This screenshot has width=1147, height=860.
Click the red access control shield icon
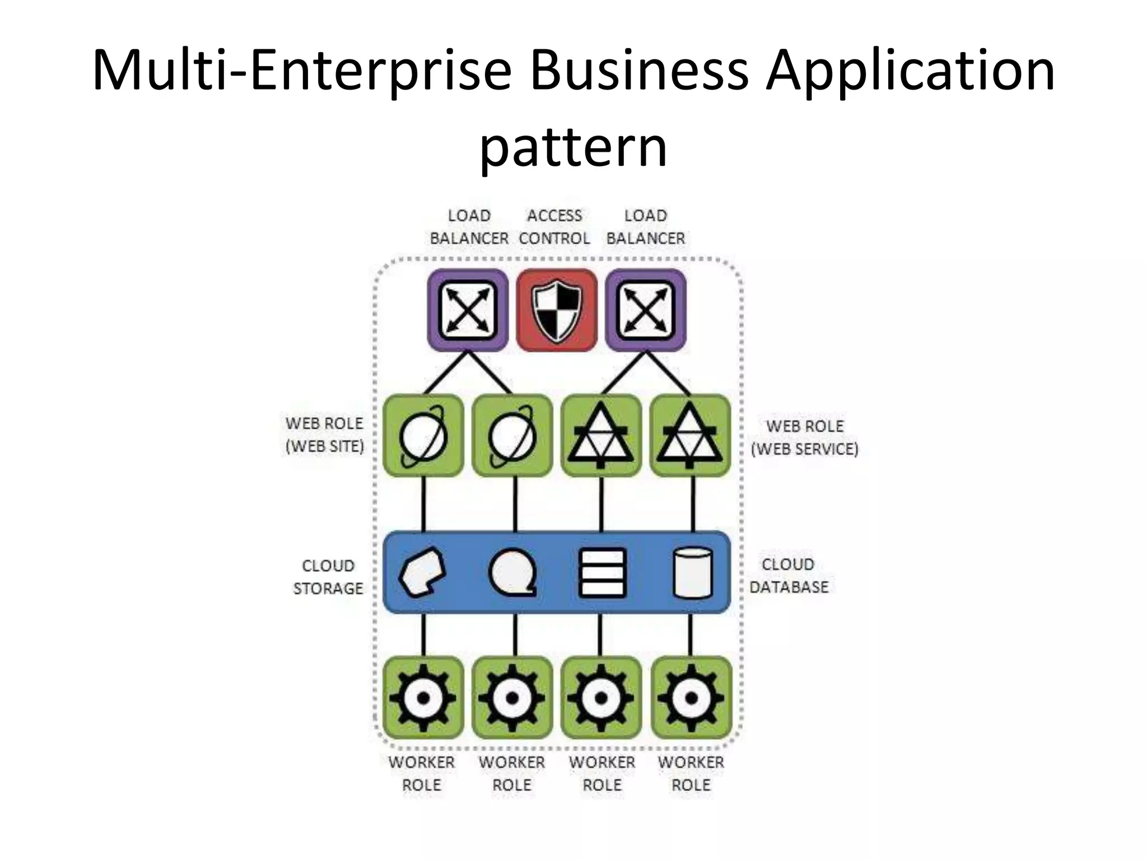556,311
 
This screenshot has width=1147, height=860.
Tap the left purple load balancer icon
468,311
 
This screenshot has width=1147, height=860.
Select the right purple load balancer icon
646,311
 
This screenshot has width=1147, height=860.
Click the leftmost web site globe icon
423,436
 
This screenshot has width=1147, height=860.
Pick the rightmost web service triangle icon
690,436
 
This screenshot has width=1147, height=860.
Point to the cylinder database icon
692,573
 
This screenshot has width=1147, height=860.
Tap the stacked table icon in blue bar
602,573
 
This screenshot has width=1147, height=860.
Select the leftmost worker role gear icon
423,698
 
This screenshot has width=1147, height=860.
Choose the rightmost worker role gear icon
691,698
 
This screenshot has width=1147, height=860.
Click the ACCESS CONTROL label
554,227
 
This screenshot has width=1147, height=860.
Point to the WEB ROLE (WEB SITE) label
324,434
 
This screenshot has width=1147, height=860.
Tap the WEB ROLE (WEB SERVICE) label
804,437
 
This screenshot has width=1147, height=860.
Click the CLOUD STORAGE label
328,577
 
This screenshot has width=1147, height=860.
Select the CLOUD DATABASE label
789,576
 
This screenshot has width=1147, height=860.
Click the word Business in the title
639,71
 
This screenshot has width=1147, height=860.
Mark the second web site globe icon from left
512,436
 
